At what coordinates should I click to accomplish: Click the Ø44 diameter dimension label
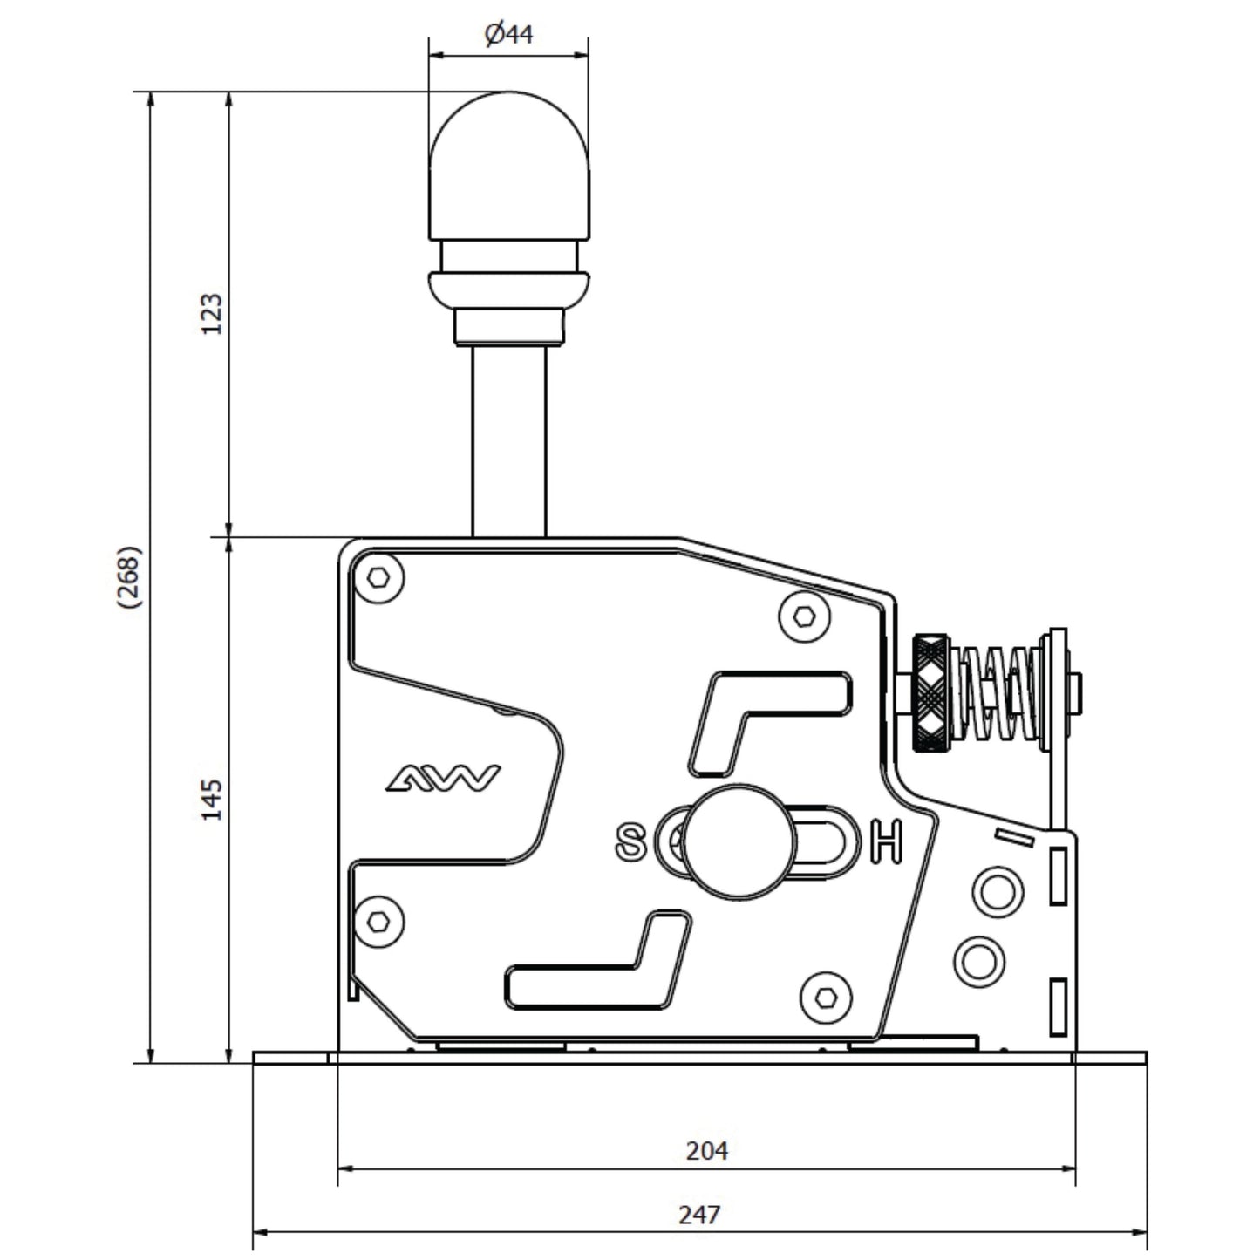click(508, 34)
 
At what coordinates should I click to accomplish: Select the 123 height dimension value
click(211, 314)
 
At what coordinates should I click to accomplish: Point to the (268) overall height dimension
click(129, 576)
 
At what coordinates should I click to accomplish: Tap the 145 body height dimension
click(211, 799)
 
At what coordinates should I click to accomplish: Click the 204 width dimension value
click(707, 1150)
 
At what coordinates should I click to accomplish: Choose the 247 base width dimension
click(699, 1215)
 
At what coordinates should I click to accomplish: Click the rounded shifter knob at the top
click(508, 166)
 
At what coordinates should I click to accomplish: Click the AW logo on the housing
click(443, 778)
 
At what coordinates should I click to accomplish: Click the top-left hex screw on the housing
click(378, 577)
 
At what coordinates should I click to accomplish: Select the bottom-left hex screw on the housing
click(378, 922)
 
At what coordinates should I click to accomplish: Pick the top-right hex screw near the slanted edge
click(804, 616)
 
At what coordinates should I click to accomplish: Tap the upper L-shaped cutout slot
click(770, 723)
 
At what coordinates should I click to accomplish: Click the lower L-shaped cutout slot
click(598, 958)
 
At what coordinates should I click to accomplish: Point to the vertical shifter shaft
click(508, 441)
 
